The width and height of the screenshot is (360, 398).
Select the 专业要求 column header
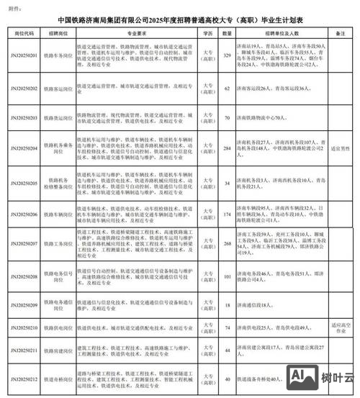click(135, 33)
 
